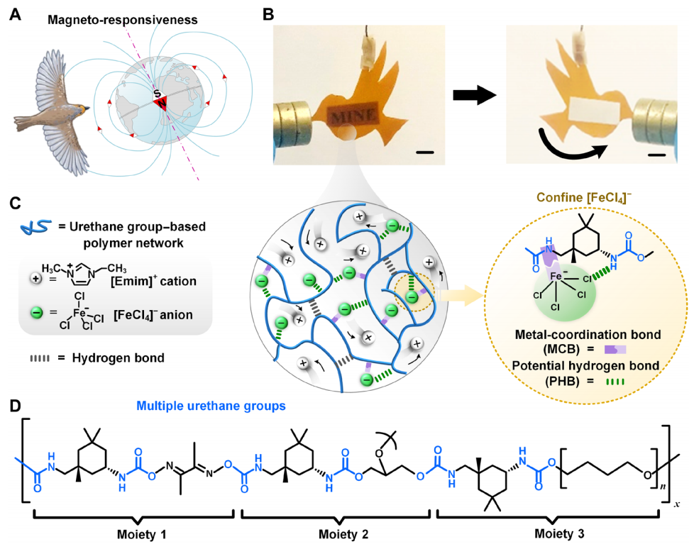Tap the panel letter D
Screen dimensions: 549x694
(13, 407)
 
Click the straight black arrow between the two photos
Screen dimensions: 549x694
(474, 94)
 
